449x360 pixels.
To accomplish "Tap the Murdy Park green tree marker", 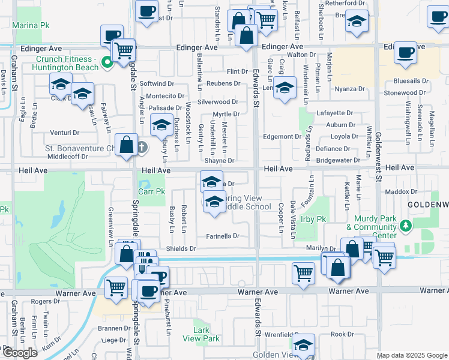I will click(406, 226).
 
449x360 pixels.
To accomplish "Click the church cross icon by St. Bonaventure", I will click(142, 147).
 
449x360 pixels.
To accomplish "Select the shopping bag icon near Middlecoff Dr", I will click(126, 146).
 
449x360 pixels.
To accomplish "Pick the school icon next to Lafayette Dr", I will click(285, 88).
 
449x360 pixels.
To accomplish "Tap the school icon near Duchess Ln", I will click(161, 125).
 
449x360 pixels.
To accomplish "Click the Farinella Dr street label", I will click(223, 236).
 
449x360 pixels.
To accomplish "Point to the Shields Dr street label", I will click(181, 248).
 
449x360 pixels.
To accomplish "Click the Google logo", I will click(20, 353).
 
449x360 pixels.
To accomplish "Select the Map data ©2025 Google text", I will click(411, 355).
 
